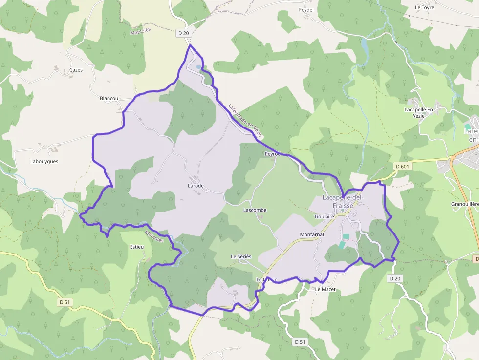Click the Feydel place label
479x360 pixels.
click(x=306, y=10)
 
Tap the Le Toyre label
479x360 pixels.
click(x=424, y=7)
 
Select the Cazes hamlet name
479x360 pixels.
click(x=76, y=70)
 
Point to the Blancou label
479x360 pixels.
click(x=109, y=98)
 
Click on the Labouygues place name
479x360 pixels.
click(x=44, y=161)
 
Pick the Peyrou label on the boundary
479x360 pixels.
click(x=271, y=154)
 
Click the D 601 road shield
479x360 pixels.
click(x=402, y=167)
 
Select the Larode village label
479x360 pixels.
click(x=196, y=186)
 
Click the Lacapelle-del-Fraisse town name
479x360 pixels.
click(x=343, y=201)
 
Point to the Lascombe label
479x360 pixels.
click(x=255, y=210)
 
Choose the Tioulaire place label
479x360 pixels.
click(x=324, y=216)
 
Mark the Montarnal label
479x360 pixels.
click(x=312, y=235)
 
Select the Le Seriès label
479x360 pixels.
click(x=241, y=257)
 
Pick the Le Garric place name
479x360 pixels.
click(x=266, y=279)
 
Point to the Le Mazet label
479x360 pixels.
click(x=325, y=289)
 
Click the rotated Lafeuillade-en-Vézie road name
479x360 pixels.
click(x=245, y=120)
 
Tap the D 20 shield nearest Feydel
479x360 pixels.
click(x=183, y=33)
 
